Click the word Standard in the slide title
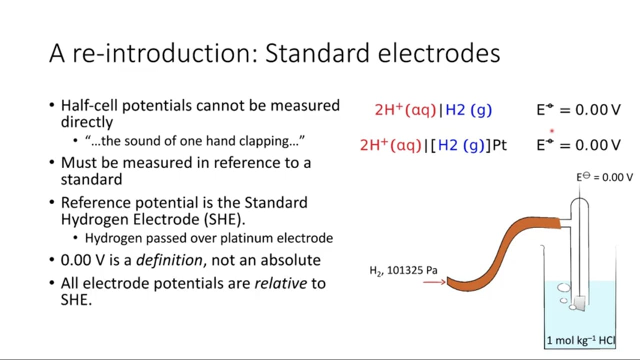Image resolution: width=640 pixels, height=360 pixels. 317,53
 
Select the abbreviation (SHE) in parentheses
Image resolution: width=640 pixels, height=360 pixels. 224,219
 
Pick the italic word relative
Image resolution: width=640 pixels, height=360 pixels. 280,283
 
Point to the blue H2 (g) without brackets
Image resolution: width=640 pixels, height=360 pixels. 468,110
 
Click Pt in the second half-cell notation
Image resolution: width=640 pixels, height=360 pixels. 499,145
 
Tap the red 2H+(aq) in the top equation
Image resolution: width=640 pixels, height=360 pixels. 405,110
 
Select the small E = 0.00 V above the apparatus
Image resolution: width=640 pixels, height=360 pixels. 604,177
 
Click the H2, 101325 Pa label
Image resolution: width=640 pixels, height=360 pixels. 403,270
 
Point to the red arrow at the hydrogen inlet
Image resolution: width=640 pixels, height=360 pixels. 434,282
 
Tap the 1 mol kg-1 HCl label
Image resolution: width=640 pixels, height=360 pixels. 581,340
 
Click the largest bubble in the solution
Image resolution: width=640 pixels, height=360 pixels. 563,287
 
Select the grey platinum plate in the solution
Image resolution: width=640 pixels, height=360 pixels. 579,303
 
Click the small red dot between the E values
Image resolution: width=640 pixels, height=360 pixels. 552,131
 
